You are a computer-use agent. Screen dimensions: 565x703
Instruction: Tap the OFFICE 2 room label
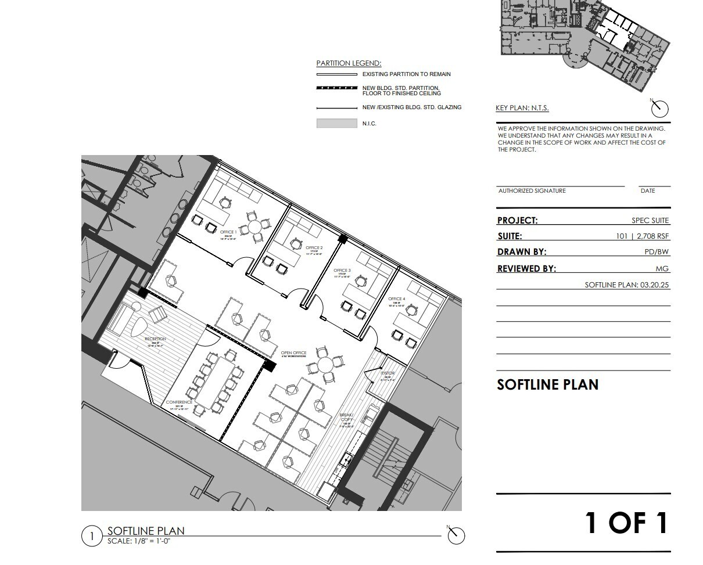314,248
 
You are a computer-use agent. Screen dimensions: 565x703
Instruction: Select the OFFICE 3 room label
342,271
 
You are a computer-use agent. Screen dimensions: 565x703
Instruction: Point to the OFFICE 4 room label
397,299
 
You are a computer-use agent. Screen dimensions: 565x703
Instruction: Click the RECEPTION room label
155,339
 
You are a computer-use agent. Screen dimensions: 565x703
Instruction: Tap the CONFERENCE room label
179,402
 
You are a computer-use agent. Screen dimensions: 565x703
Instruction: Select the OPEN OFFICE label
293,353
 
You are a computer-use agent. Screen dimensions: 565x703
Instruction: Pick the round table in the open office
325,365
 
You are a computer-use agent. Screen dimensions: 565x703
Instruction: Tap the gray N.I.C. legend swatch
336,123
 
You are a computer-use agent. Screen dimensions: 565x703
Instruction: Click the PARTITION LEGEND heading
349,63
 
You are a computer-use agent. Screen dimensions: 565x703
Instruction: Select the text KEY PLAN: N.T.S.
522,108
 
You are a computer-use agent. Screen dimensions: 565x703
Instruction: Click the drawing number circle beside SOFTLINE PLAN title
91,535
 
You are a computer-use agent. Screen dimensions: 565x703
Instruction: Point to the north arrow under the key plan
659,108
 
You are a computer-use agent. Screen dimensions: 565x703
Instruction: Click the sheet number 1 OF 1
626,523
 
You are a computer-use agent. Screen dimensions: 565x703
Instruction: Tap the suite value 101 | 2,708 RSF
643,236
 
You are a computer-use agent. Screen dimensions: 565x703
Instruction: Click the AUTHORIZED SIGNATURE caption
532,191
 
